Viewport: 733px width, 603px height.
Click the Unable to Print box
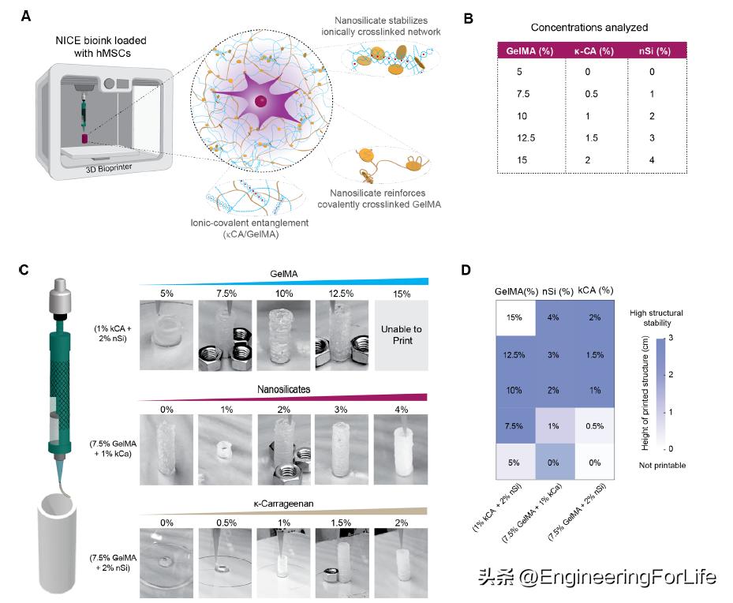point(400,332)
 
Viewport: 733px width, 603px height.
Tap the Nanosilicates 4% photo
point(400,449)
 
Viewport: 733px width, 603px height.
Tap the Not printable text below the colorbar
point(662,465)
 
